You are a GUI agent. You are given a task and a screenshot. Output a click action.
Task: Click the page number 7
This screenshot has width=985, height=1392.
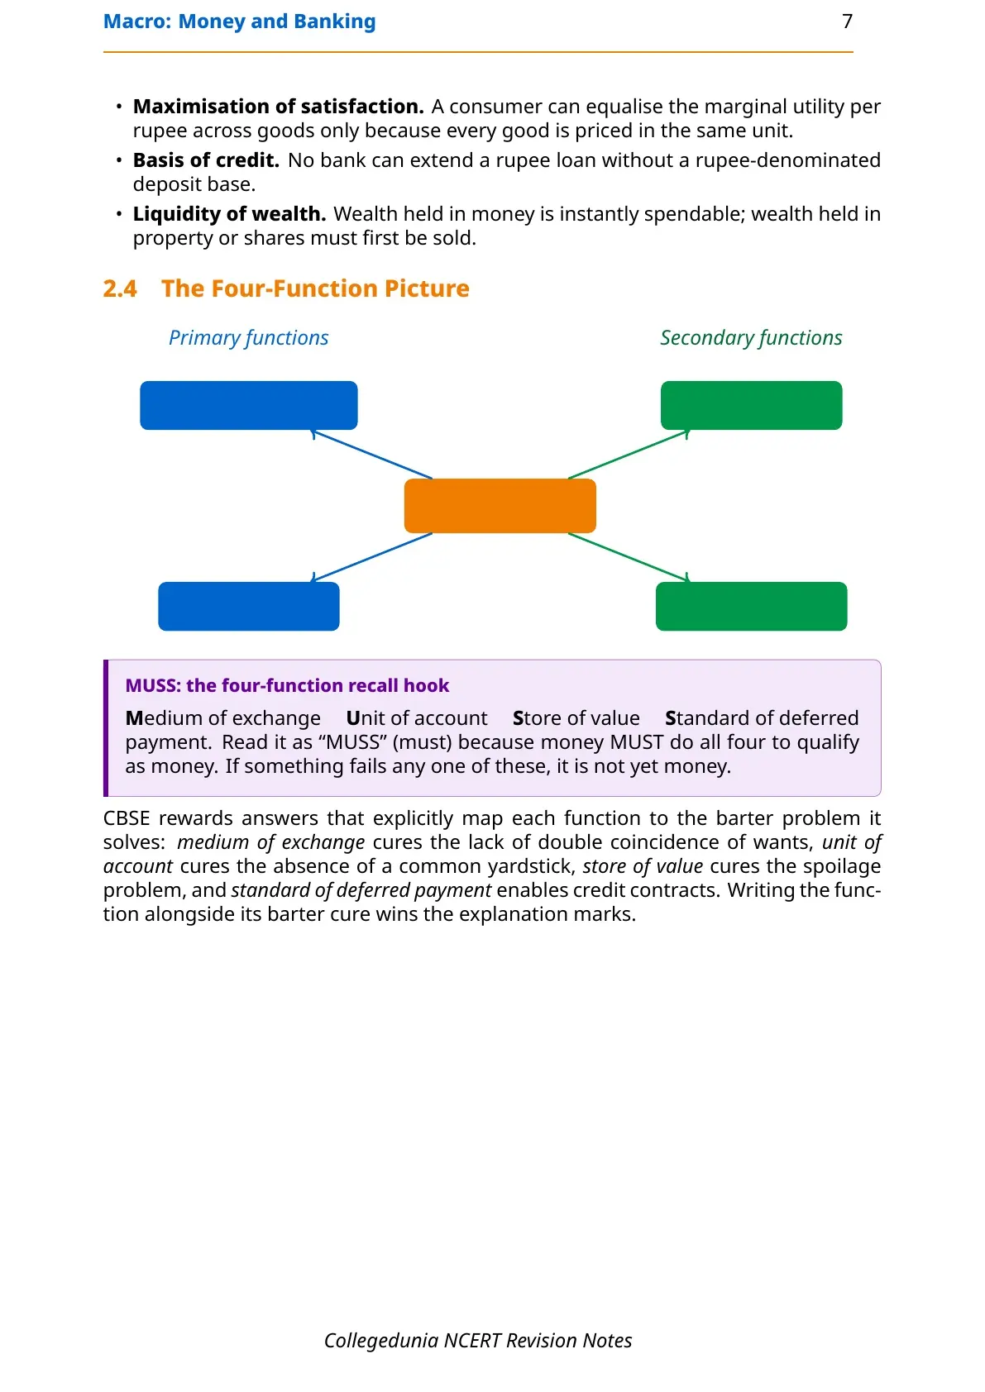(847, 21)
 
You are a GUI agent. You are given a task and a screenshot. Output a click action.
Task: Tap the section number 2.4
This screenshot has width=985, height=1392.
(120, 288)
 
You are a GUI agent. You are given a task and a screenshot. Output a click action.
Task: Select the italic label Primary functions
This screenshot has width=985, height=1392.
(249, 337)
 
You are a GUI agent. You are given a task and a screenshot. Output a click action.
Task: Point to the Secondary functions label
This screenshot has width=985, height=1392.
(751, 337)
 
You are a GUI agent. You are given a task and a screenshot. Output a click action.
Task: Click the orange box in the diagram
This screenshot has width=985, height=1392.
(500, 506)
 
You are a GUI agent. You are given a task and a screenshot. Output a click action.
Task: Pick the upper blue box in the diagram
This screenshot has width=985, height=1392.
(249, 405)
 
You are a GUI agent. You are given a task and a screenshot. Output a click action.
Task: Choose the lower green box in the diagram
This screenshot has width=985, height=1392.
(751, 606)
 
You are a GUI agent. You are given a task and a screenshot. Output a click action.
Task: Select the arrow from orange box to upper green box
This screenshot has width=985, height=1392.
(629, 455)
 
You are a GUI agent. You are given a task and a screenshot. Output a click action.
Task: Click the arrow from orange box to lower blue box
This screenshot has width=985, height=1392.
(371, 557)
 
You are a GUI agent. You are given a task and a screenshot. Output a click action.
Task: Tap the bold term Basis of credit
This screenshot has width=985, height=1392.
(206, 160)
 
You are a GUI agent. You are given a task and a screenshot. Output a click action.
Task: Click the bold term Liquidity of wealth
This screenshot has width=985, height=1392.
(229, 214)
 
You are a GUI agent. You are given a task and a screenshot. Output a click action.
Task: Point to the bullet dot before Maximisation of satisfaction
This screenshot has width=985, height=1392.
(119, 107)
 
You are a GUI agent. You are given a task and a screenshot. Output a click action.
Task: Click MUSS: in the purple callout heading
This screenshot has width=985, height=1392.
(153, 685)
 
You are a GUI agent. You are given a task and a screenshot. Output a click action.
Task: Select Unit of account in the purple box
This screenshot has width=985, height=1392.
(417, 718)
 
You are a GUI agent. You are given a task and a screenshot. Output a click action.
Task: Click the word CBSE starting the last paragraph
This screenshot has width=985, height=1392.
(127, 818)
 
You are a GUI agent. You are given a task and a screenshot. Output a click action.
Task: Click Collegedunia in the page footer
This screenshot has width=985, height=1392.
(381, 1341)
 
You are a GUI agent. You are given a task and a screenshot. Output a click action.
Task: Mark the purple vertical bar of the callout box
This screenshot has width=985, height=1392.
(106, 727)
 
